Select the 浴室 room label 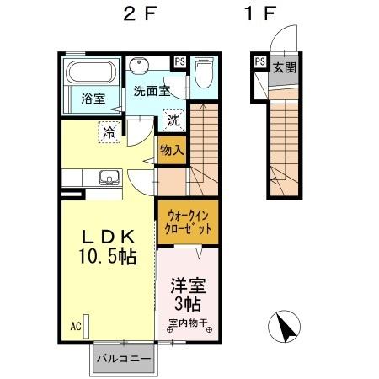coord(92,99)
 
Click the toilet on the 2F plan coord(202,73)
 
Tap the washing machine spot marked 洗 coord(173,120)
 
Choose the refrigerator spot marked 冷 coord(109,131)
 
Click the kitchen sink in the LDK coord(108,178)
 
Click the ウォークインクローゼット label coord(183,223)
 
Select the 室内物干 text coord(190,321)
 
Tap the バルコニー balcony coord(123,358)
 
